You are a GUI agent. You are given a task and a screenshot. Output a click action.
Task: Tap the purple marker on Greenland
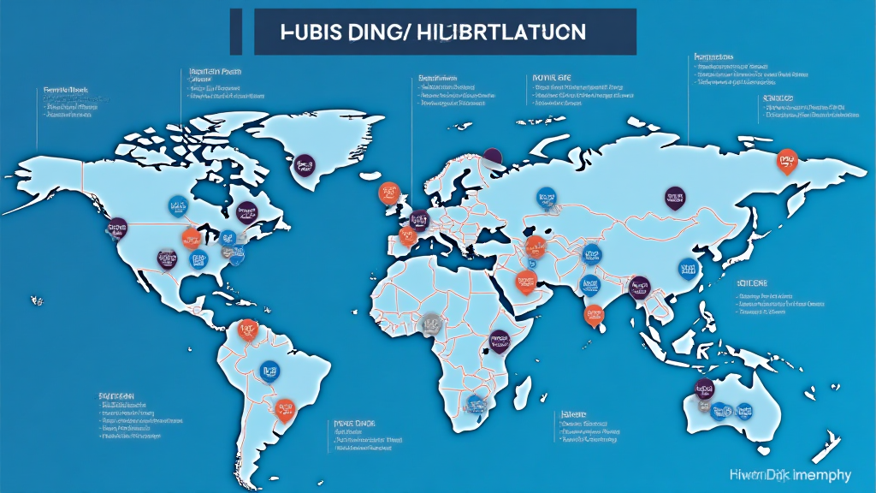[x=303, y=163]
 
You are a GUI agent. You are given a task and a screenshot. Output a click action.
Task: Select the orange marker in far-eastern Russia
[x=784, y=159]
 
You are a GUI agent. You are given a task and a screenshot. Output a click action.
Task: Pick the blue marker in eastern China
[x=689, y=270]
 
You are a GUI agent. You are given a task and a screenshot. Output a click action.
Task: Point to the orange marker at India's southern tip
[x=592, y=314]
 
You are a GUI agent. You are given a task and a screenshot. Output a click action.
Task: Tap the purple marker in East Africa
[x=500, y=342]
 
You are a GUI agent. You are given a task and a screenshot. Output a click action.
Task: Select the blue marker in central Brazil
[x=269, y=370]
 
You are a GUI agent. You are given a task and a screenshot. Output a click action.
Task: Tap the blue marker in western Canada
[x=178, y=205]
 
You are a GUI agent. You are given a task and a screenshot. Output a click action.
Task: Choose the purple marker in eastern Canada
[x=246, y=211]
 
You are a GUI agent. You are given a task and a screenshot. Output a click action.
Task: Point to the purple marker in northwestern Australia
[x=703, y=387]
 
